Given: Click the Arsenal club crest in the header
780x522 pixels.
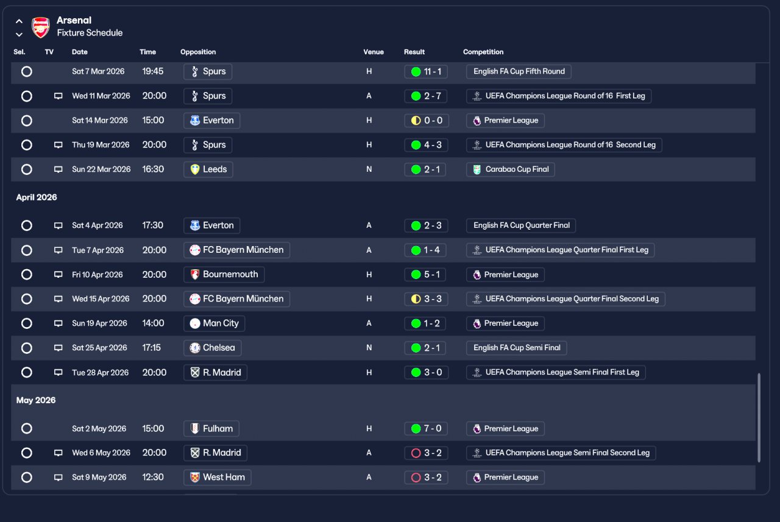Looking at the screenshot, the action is (41, 27).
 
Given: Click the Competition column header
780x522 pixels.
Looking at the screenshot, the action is (483, 52).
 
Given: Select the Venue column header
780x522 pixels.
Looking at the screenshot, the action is (374, 52).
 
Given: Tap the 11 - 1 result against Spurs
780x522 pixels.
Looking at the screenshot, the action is (426, 72).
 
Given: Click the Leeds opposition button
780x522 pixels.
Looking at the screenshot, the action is (208, 169).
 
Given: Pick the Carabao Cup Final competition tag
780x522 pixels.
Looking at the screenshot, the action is (511, 169).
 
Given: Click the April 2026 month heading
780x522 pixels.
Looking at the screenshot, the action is (37, 197).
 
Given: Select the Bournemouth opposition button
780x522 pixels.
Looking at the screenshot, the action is (224, 275).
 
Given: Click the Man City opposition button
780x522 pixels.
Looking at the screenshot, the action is (214, 323).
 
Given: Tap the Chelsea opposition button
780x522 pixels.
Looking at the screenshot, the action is (213, 348).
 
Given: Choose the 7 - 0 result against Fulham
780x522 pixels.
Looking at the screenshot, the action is (426, 428).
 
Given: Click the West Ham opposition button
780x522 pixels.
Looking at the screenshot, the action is (218, 477).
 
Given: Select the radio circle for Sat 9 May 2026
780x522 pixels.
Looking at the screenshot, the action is (26, 477).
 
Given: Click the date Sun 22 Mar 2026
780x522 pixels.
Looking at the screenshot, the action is (101, 169).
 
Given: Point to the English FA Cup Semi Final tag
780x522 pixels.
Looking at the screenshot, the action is (516, 348).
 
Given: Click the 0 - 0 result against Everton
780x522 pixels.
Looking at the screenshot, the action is (427, 121).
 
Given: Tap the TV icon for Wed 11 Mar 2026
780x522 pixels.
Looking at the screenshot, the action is (58, 96).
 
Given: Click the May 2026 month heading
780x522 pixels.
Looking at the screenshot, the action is (36, 400).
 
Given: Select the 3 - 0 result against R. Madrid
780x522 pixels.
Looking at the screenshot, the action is (426, 372).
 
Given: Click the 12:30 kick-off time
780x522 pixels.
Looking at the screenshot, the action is (152, 477).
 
